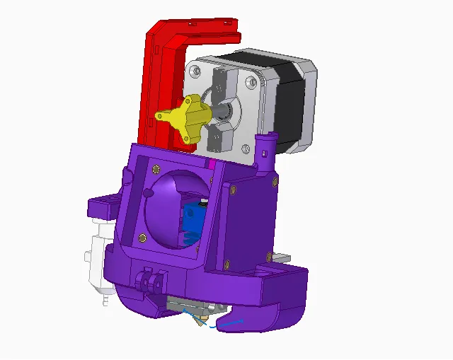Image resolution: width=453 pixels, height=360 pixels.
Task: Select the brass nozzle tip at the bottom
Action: pos(202,323)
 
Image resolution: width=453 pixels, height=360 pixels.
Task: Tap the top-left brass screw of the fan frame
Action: pos(156,169)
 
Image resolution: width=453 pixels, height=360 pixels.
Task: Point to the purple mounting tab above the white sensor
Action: pos(102,207)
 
